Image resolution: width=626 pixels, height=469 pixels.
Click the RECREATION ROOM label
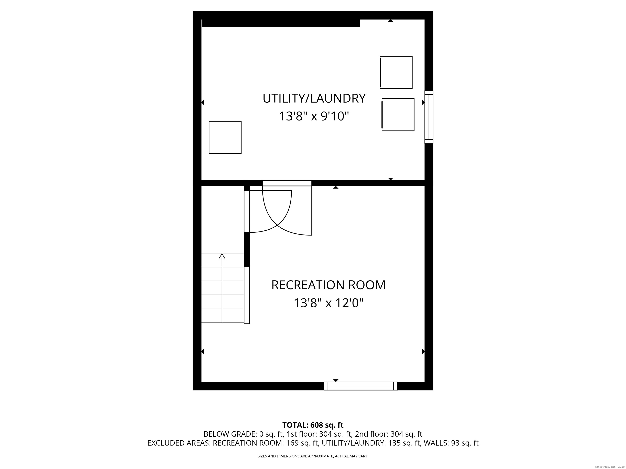pyautogui.click(x=328, y=285)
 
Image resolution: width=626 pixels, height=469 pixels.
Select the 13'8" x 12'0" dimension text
pyautogui.click(x=328, y=303)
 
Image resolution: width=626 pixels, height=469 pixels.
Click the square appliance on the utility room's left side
pyautogui.click(x=225, y=137)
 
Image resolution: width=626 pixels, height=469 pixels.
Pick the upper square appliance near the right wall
pyautogui.click(x=396, y=72)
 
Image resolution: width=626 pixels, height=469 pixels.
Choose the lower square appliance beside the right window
pyautogui.click(x=398, y=114)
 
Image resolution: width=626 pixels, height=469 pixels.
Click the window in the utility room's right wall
pyautogui.click(x=429, y=117)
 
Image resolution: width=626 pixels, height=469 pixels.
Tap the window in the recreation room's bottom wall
pyautogui.click(x=360, y=386)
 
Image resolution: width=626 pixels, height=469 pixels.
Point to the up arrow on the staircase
pyautogui.click(x=222, y=256)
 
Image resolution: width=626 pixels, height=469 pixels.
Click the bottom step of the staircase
pyautogui.click(x=223, y=316)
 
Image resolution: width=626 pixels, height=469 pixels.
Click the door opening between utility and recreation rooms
pyautogui.click(x=287, y=183)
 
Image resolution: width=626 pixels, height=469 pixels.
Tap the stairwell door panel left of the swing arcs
pyautogui.click(x=247, y=211)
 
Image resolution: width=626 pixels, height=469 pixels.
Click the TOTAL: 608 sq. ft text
pyautogui.click(x=313, y=425)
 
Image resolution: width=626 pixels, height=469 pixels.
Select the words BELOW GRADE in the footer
pyautogui.click(x=221, y=434)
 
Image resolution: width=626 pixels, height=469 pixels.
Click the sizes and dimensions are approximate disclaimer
pyautogui.click(x=313, y=456)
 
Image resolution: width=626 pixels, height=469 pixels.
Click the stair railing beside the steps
pyautogui.click(x=247, y=295)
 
